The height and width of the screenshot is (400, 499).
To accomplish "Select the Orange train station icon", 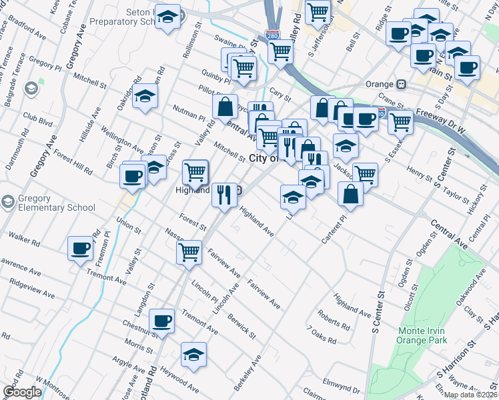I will pos(402,85).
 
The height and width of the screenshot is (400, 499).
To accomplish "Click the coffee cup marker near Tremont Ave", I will pos(81,249).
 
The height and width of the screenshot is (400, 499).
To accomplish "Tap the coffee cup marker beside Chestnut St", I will pos(161,321).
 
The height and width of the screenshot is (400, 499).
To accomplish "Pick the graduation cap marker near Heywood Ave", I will pos(193,354).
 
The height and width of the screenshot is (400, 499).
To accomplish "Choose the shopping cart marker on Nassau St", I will pos(189,253).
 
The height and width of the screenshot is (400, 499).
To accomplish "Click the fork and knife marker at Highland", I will pos(223,194).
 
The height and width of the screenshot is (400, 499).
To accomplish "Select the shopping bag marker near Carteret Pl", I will pos(351,193).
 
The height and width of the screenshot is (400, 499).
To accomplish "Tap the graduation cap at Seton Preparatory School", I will pos(167,17).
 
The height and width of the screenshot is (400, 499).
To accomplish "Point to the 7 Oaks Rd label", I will pos(322,335).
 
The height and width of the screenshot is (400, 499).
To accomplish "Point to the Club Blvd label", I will pos(37,122).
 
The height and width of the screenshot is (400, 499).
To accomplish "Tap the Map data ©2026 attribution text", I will pos(471,395).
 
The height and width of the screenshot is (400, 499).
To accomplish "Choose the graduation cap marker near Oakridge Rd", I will pos(145,97).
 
